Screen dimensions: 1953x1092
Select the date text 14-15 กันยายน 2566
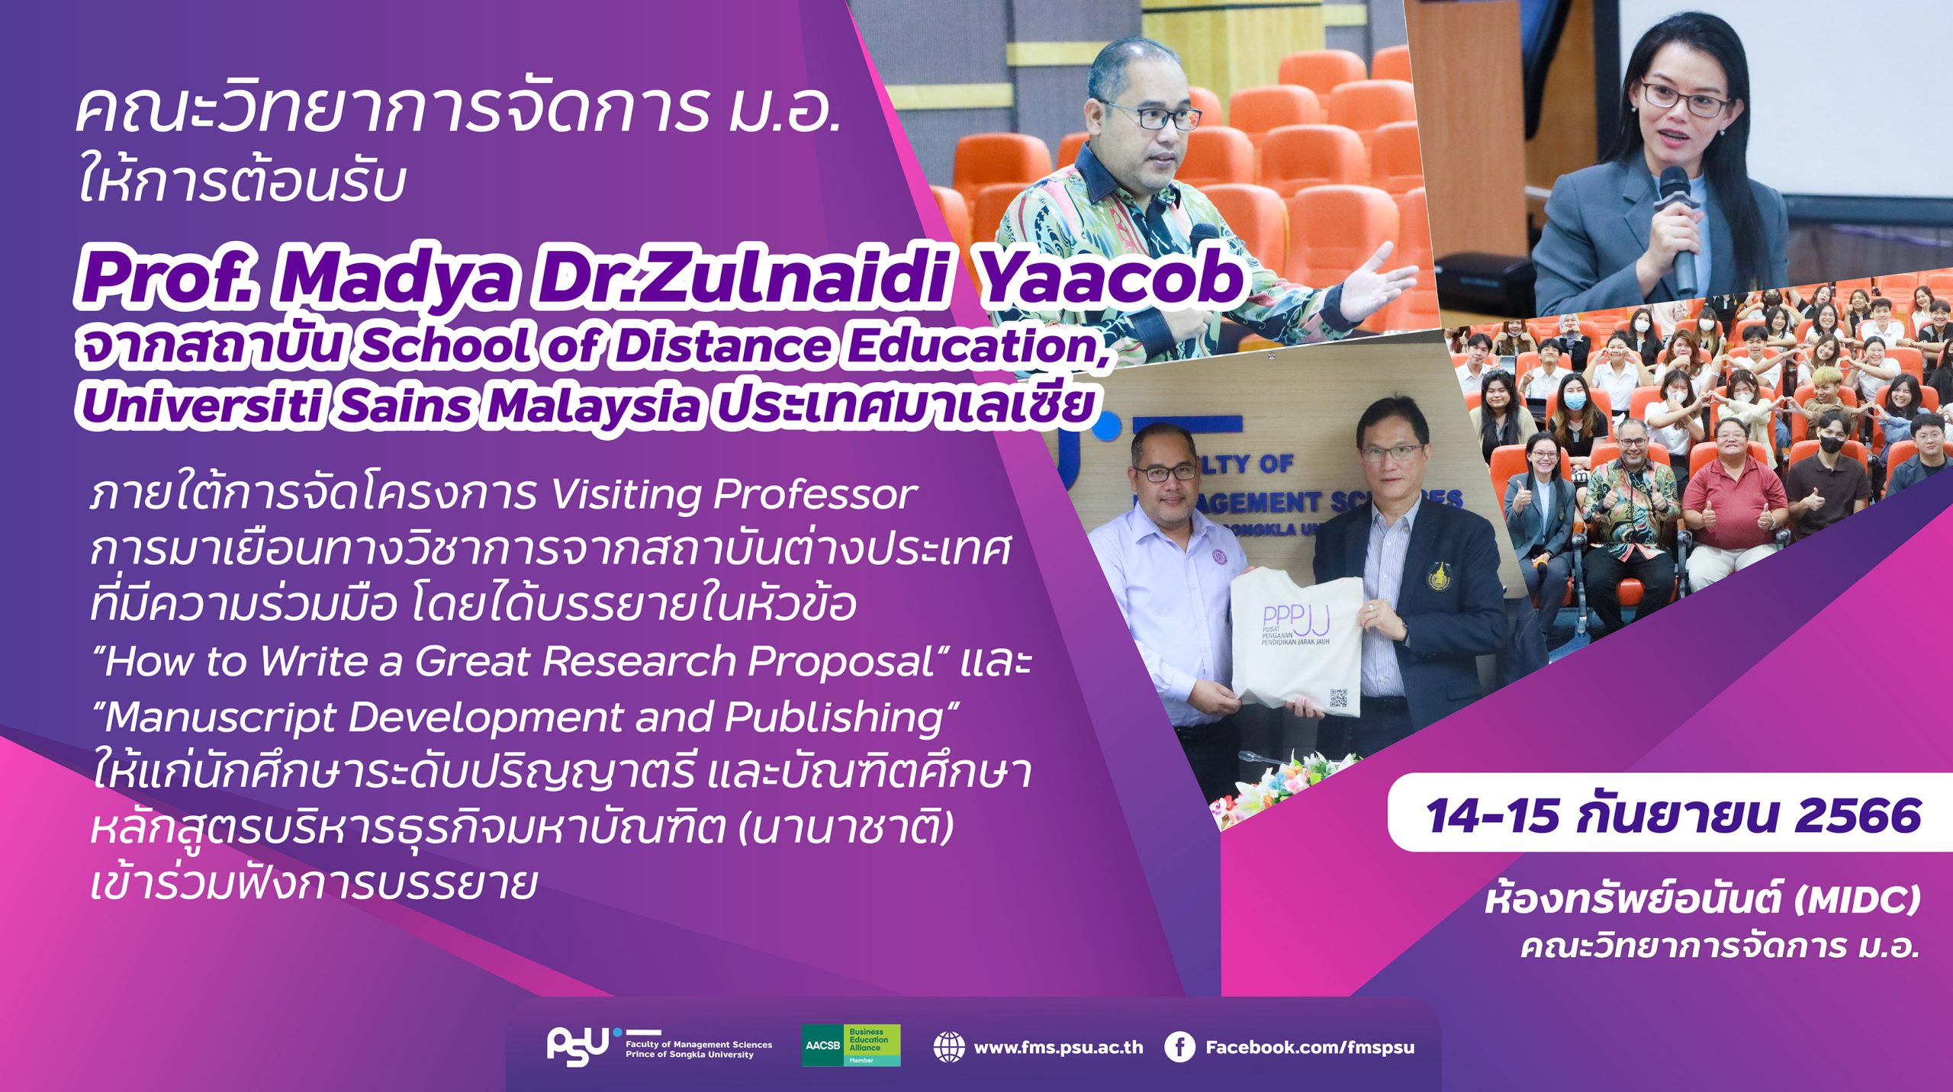click(x=1673, y=815)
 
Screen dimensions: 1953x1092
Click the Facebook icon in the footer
click(x=1179, y=1047)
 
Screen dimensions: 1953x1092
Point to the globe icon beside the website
click(x=948, y=1047)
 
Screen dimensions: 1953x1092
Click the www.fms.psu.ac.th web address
click(x=1059, y=1048)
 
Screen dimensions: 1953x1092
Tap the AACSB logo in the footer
click(x=851, y=1045)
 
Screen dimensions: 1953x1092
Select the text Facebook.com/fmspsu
click(x=1310, y=1048)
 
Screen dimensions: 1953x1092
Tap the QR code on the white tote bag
click(x=1339, y=699)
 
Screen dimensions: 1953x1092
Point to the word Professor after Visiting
click(x=816, y=495)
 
